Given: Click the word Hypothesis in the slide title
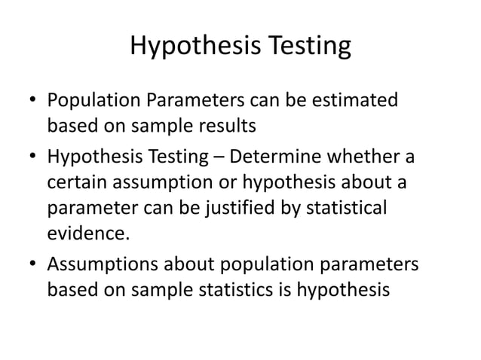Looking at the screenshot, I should coord(191,47).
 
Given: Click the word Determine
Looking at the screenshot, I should coord(276,159).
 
